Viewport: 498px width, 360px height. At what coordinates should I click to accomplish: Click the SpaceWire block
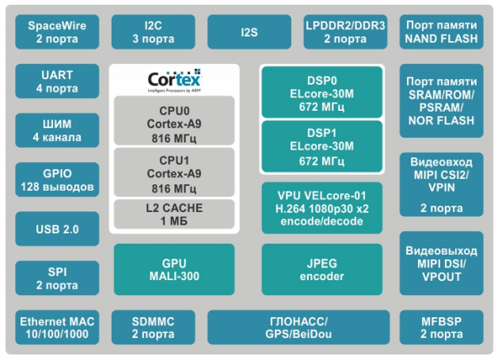[x=57, y=32]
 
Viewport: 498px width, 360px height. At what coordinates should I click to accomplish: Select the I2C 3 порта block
[x=153, y=32]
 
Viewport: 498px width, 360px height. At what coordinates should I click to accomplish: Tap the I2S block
[x=249, y=32]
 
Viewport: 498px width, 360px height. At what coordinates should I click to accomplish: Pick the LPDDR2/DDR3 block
[x=344, y=32]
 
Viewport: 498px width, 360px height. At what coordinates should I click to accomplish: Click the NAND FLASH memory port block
[x=440, y=32]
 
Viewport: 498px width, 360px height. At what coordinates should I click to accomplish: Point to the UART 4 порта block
[x=57, y=81]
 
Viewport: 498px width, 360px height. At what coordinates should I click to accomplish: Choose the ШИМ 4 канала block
[x=57, y=131]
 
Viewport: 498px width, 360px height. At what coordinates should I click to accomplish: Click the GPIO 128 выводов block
[x=57, y=180]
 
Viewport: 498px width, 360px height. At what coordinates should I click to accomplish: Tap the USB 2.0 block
[x=57, y=229]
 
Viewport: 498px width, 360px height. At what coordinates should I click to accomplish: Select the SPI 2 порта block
[x=57, y=279]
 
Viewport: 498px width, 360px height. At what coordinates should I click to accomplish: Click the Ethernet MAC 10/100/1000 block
[x=57, y=328]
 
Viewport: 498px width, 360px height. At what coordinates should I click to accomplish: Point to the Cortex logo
[x=174, y=81]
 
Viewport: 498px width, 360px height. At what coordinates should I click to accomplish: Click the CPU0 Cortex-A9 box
[x=174, y=121]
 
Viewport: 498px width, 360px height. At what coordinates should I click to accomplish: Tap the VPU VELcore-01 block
[x=322, y=207]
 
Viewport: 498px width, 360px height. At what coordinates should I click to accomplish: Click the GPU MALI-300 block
[x=174, y=270]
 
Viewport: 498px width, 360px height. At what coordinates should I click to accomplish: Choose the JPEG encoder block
[x=322, y=270]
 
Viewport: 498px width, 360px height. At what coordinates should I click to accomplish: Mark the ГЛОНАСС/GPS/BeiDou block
[x=298, y=328]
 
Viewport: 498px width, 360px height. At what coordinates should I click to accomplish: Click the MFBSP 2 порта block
[x=440, y=328]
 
